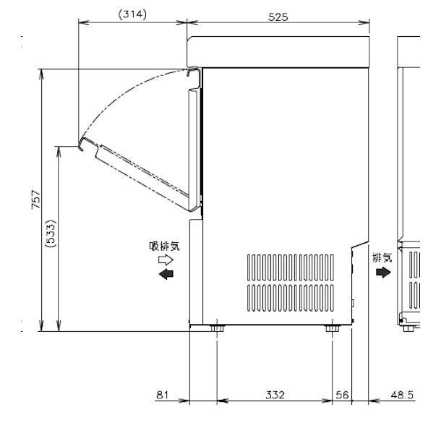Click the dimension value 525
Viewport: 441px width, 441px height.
click(x=276, y=15)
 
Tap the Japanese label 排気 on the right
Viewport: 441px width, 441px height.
click(x=382, y=256)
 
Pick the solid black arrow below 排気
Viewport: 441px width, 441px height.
click(x=382, y=272)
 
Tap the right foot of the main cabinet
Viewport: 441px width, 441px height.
click(x=332, y=330)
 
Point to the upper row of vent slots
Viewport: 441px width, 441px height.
click(x=292, y=266)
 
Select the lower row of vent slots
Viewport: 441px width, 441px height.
click(x=292, y=297)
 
